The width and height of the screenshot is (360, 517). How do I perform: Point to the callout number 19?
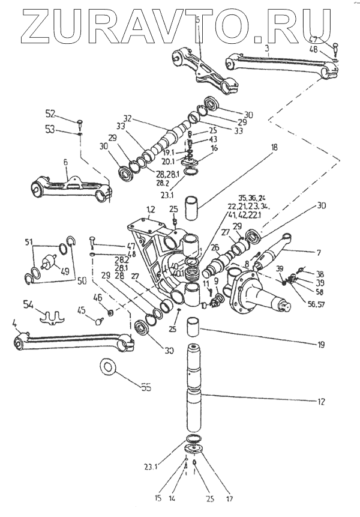tap(319, 345)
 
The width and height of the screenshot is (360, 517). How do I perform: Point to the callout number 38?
tap(320, 273)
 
